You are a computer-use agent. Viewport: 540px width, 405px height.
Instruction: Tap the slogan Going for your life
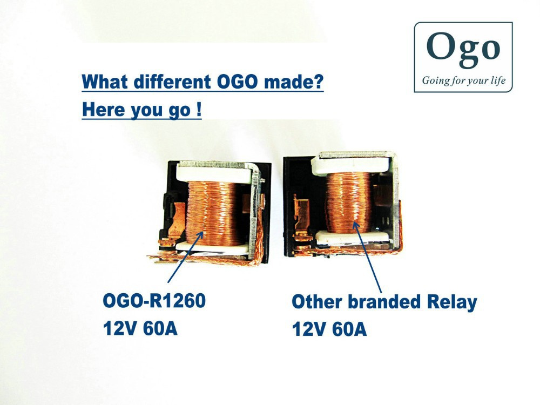click(x=463, y=80)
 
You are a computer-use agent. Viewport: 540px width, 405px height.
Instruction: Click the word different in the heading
click(x=172, y=82)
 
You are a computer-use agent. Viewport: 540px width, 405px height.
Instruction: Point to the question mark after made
click(x=319, y=82)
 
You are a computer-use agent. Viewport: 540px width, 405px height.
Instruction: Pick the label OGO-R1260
click(x=154, y=300)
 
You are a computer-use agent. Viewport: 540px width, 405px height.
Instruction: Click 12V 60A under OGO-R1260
click(x=140, y=328)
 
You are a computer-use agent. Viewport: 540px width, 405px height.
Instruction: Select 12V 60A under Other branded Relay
click(x=329, y=329)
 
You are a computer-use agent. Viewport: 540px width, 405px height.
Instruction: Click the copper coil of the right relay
click(x=348, y=202)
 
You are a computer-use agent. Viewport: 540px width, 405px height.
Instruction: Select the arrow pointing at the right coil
click(x=368, y=258)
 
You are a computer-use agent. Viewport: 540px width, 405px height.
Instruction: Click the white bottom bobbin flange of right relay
click(x=352, y=237)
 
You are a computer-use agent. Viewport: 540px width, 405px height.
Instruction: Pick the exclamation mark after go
click(x=199, y=110)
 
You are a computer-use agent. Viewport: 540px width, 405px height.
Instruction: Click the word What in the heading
click(x=105, y=82)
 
